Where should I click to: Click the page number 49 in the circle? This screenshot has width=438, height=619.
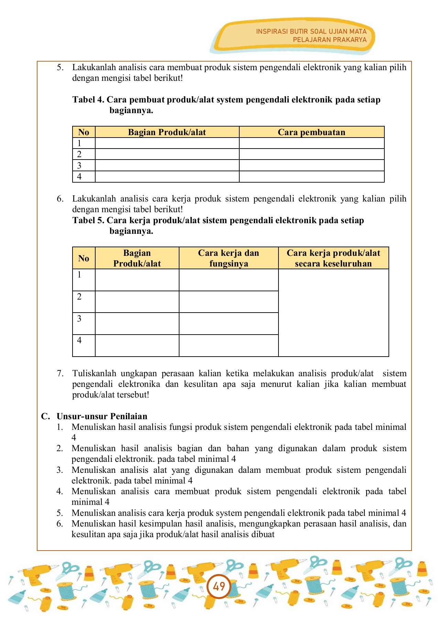[219, 586]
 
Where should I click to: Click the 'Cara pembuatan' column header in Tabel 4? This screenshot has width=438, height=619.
[311, 132]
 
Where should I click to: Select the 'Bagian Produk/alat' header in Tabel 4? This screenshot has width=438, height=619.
[167, 132]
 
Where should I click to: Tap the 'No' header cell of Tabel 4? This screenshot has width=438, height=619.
[84, 132]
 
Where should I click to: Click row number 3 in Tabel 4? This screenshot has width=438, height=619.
[79, 165]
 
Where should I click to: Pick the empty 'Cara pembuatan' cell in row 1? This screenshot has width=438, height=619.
[311, 143]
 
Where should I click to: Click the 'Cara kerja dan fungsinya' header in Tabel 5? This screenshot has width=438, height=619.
[228, 258]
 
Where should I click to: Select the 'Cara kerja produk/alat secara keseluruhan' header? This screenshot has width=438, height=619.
[333, 258]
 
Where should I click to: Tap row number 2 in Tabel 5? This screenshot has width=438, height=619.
[79, 296]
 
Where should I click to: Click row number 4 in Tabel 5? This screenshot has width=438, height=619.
[79, 340]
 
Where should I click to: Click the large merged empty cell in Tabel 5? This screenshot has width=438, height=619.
[333, 312]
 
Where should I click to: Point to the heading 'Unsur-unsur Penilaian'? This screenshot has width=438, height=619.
[102, 416]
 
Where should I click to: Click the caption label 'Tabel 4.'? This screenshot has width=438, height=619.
[88, 100]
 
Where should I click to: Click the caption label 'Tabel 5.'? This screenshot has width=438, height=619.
[88, 220]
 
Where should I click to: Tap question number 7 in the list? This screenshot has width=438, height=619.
[60, 373]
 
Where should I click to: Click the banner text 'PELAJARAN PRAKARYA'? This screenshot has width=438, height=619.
[329, 40]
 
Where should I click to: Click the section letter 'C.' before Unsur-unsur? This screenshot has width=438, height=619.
[45, 416]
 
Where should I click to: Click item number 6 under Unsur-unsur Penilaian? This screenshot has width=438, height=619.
[60, 523]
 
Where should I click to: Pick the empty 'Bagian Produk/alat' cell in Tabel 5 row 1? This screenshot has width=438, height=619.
[137, 280]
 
